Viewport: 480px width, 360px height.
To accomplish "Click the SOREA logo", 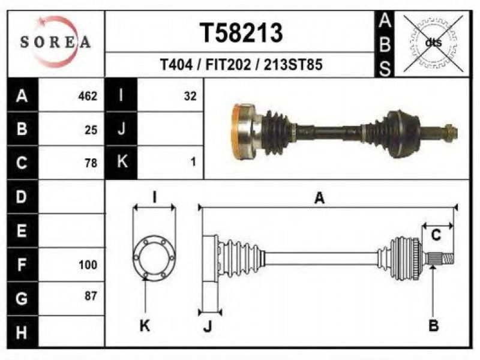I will [x=55, y=42].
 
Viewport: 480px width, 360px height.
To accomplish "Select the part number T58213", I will [x=241, y=33].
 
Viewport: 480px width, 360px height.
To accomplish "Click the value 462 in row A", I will [x=88, y=96].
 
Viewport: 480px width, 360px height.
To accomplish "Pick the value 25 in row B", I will [x=91, y=129].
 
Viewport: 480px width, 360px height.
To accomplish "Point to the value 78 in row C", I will [x=91, y=162].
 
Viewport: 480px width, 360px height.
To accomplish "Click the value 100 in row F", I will [x=88, y=264].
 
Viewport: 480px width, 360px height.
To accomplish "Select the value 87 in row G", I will [x=91, y=296].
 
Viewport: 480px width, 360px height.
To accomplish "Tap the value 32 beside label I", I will [x=190, y=96].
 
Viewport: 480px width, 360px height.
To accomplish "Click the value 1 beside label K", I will [x=193, y=162].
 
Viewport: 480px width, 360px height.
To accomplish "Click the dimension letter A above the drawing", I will [x=320, y=198].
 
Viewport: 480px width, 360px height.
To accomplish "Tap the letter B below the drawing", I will [x=433, y=326].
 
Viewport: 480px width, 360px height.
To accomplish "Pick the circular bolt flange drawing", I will [x=155, y=258].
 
